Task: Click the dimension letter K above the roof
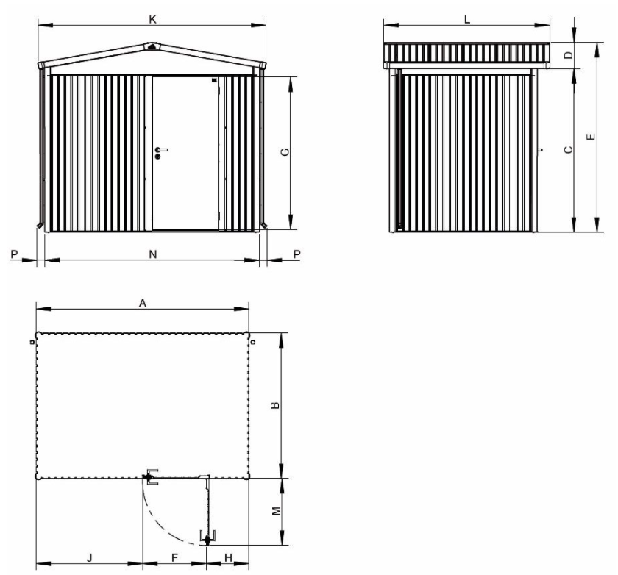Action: click(x=152, y=19)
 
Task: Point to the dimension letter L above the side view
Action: click(x=467, y=21)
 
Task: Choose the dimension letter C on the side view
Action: click(x=566, y=150)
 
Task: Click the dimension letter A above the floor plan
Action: click(x=143, y=302)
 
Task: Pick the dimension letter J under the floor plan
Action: click(x=89, y=558)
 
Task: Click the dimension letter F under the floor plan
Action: click(x=174, y=558)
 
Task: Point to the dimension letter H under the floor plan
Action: click(x=228, y=558)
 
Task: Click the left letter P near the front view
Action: click(x=14, y=254)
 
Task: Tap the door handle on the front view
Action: click(x=161, y=152)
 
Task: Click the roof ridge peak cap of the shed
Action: click(x=152, y=46)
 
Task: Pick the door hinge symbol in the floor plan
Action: click(x=149, y=476)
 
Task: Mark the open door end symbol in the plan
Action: click(x=207, y=539)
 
